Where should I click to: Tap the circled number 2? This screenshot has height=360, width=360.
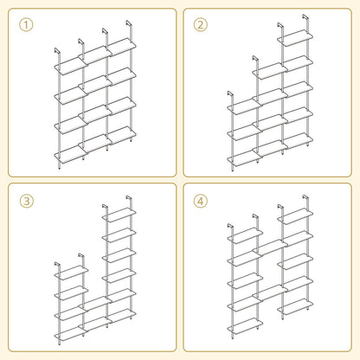202,24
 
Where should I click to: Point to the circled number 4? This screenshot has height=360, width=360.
202,201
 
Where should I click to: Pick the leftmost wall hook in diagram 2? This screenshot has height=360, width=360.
228,93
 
